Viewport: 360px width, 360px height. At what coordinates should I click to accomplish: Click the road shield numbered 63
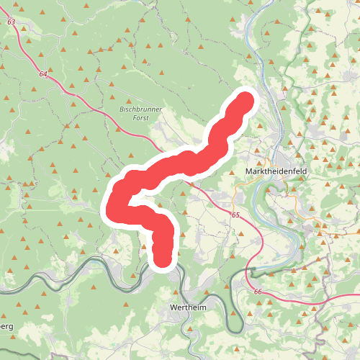11,22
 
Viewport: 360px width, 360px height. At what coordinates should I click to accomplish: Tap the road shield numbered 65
235,215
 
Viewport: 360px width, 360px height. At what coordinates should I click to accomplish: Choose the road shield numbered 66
257,291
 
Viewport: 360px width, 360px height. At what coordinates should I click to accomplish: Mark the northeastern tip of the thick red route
245,100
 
